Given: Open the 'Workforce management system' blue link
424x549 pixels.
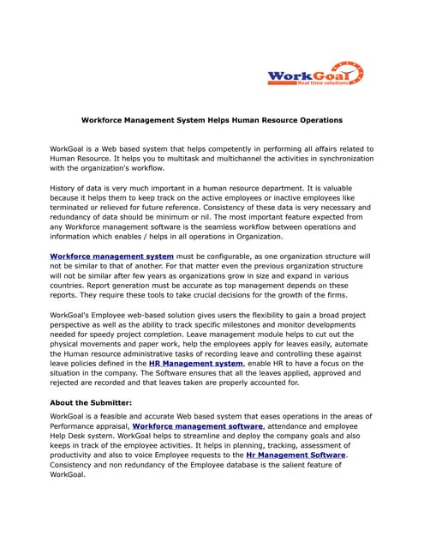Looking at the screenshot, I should click(112, 256).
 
